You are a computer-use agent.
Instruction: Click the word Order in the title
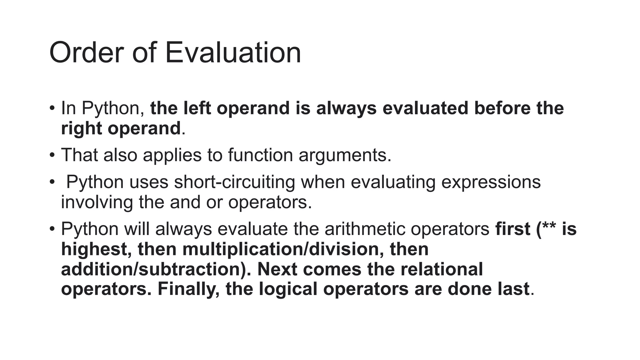(86, 53)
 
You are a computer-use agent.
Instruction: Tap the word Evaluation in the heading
(233, 53)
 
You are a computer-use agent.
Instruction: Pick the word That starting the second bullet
(79, 155)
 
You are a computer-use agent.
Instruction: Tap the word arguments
(345, 155)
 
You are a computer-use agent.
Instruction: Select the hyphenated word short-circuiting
(234, 182)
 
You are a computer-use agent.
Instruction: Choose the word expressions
(491, 182)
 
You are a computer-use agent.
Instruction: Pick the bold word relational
(442, 269)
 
